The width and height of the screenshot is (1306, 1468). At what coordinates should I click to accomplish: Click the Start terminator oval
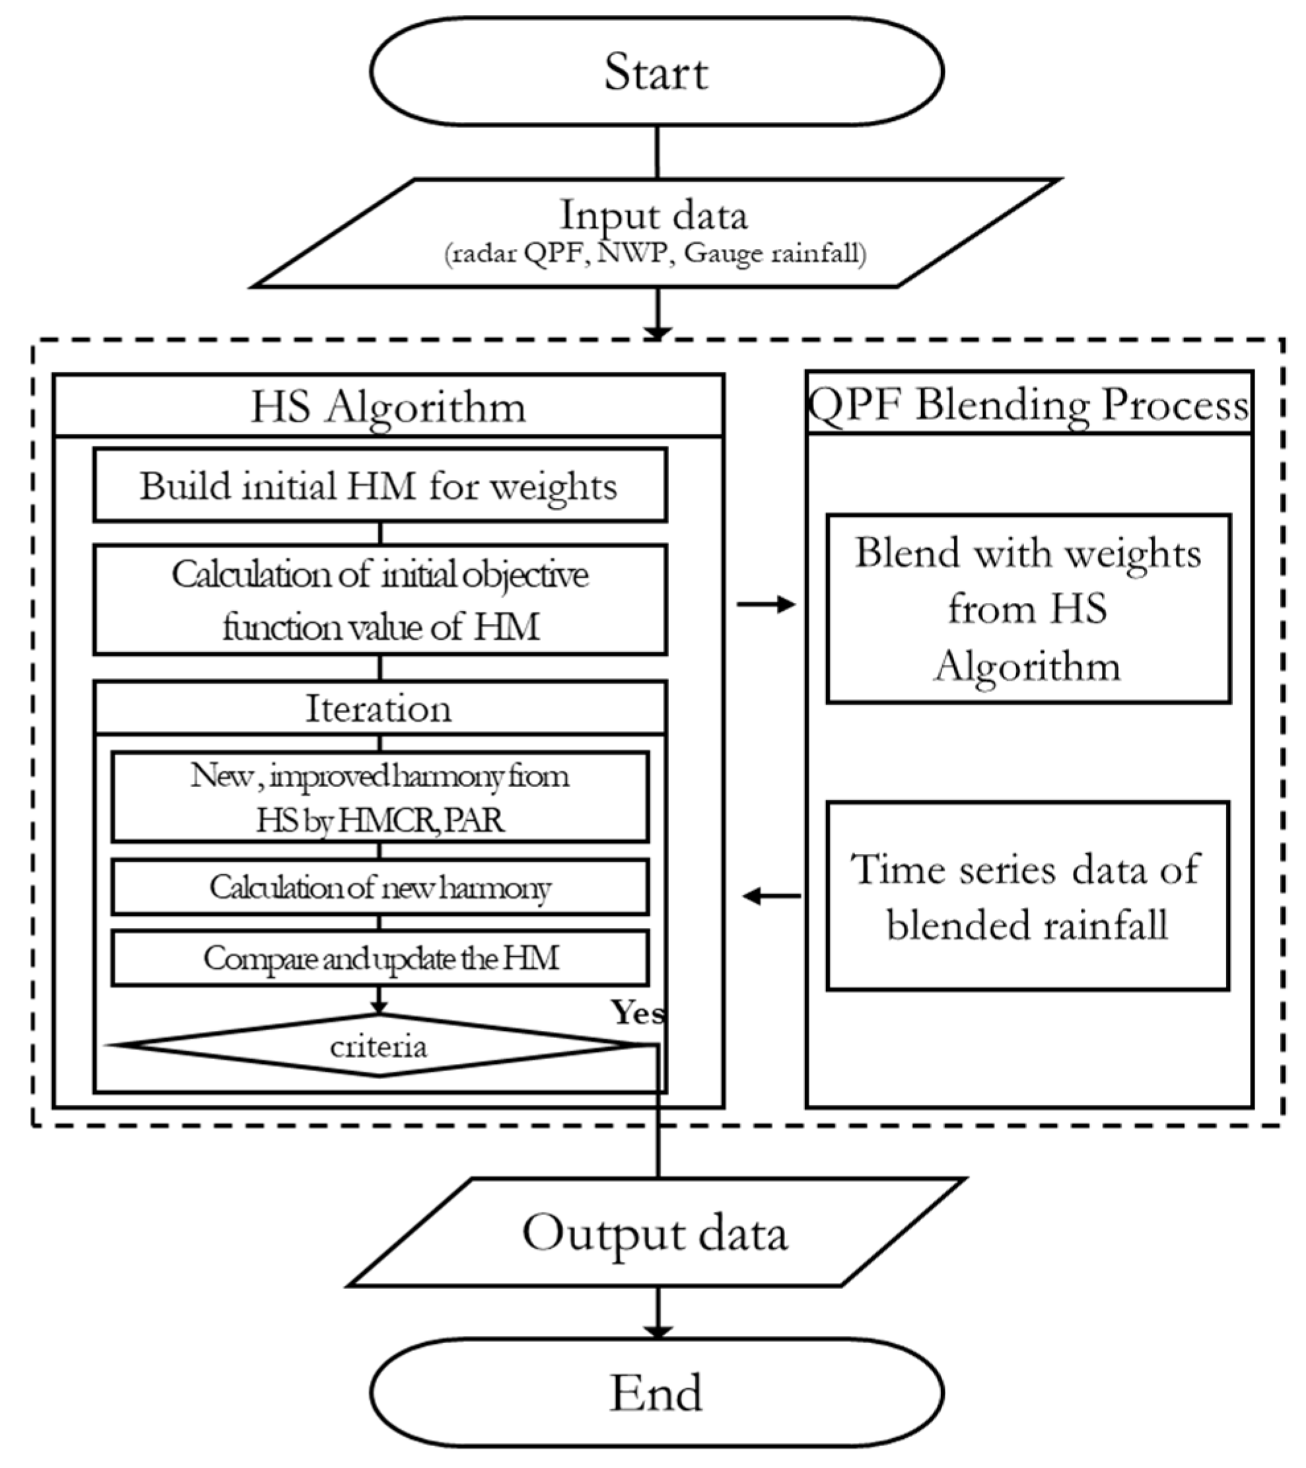656,72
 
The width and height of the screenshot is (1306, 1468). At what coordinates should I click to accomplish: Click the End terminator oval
656,1393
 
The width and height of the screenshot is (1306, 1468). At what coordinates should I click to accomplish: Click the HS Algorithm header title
388,407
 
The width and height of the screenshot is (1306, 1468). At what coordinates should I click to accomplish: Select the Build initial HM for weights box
379,485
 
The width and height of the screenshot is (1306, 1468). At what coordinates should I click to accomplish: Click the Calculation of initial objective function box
379,600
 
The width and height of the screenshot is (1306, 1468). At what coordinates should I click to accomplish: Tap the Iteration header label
379,709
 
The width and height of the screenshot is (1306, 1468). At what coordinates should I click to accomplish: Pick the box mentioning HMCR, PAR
379,797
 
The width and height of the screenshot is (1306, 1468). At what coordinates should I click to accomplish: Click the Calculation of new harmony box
379,887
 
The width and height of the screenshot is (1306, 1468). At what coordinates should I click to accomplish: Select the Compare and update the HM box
379,958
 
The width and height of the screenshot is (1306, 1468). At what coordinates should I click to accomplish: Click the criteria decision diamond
379,1047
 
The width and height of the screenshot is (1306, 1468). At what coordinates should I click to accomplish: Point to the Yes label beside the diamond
638,1012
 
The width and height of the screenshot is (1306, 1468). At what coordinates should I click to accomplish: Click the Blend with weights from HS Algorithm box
1028,608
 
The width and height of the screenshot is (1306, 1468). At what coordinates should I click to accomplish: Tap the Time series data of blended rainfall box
1028,896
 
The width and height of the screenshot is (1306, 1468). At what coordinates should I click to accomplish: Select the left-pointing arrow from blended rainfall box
771,896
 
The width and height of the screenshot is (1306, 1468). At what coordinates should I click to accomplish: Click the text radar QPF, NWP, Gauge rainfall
655,254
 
